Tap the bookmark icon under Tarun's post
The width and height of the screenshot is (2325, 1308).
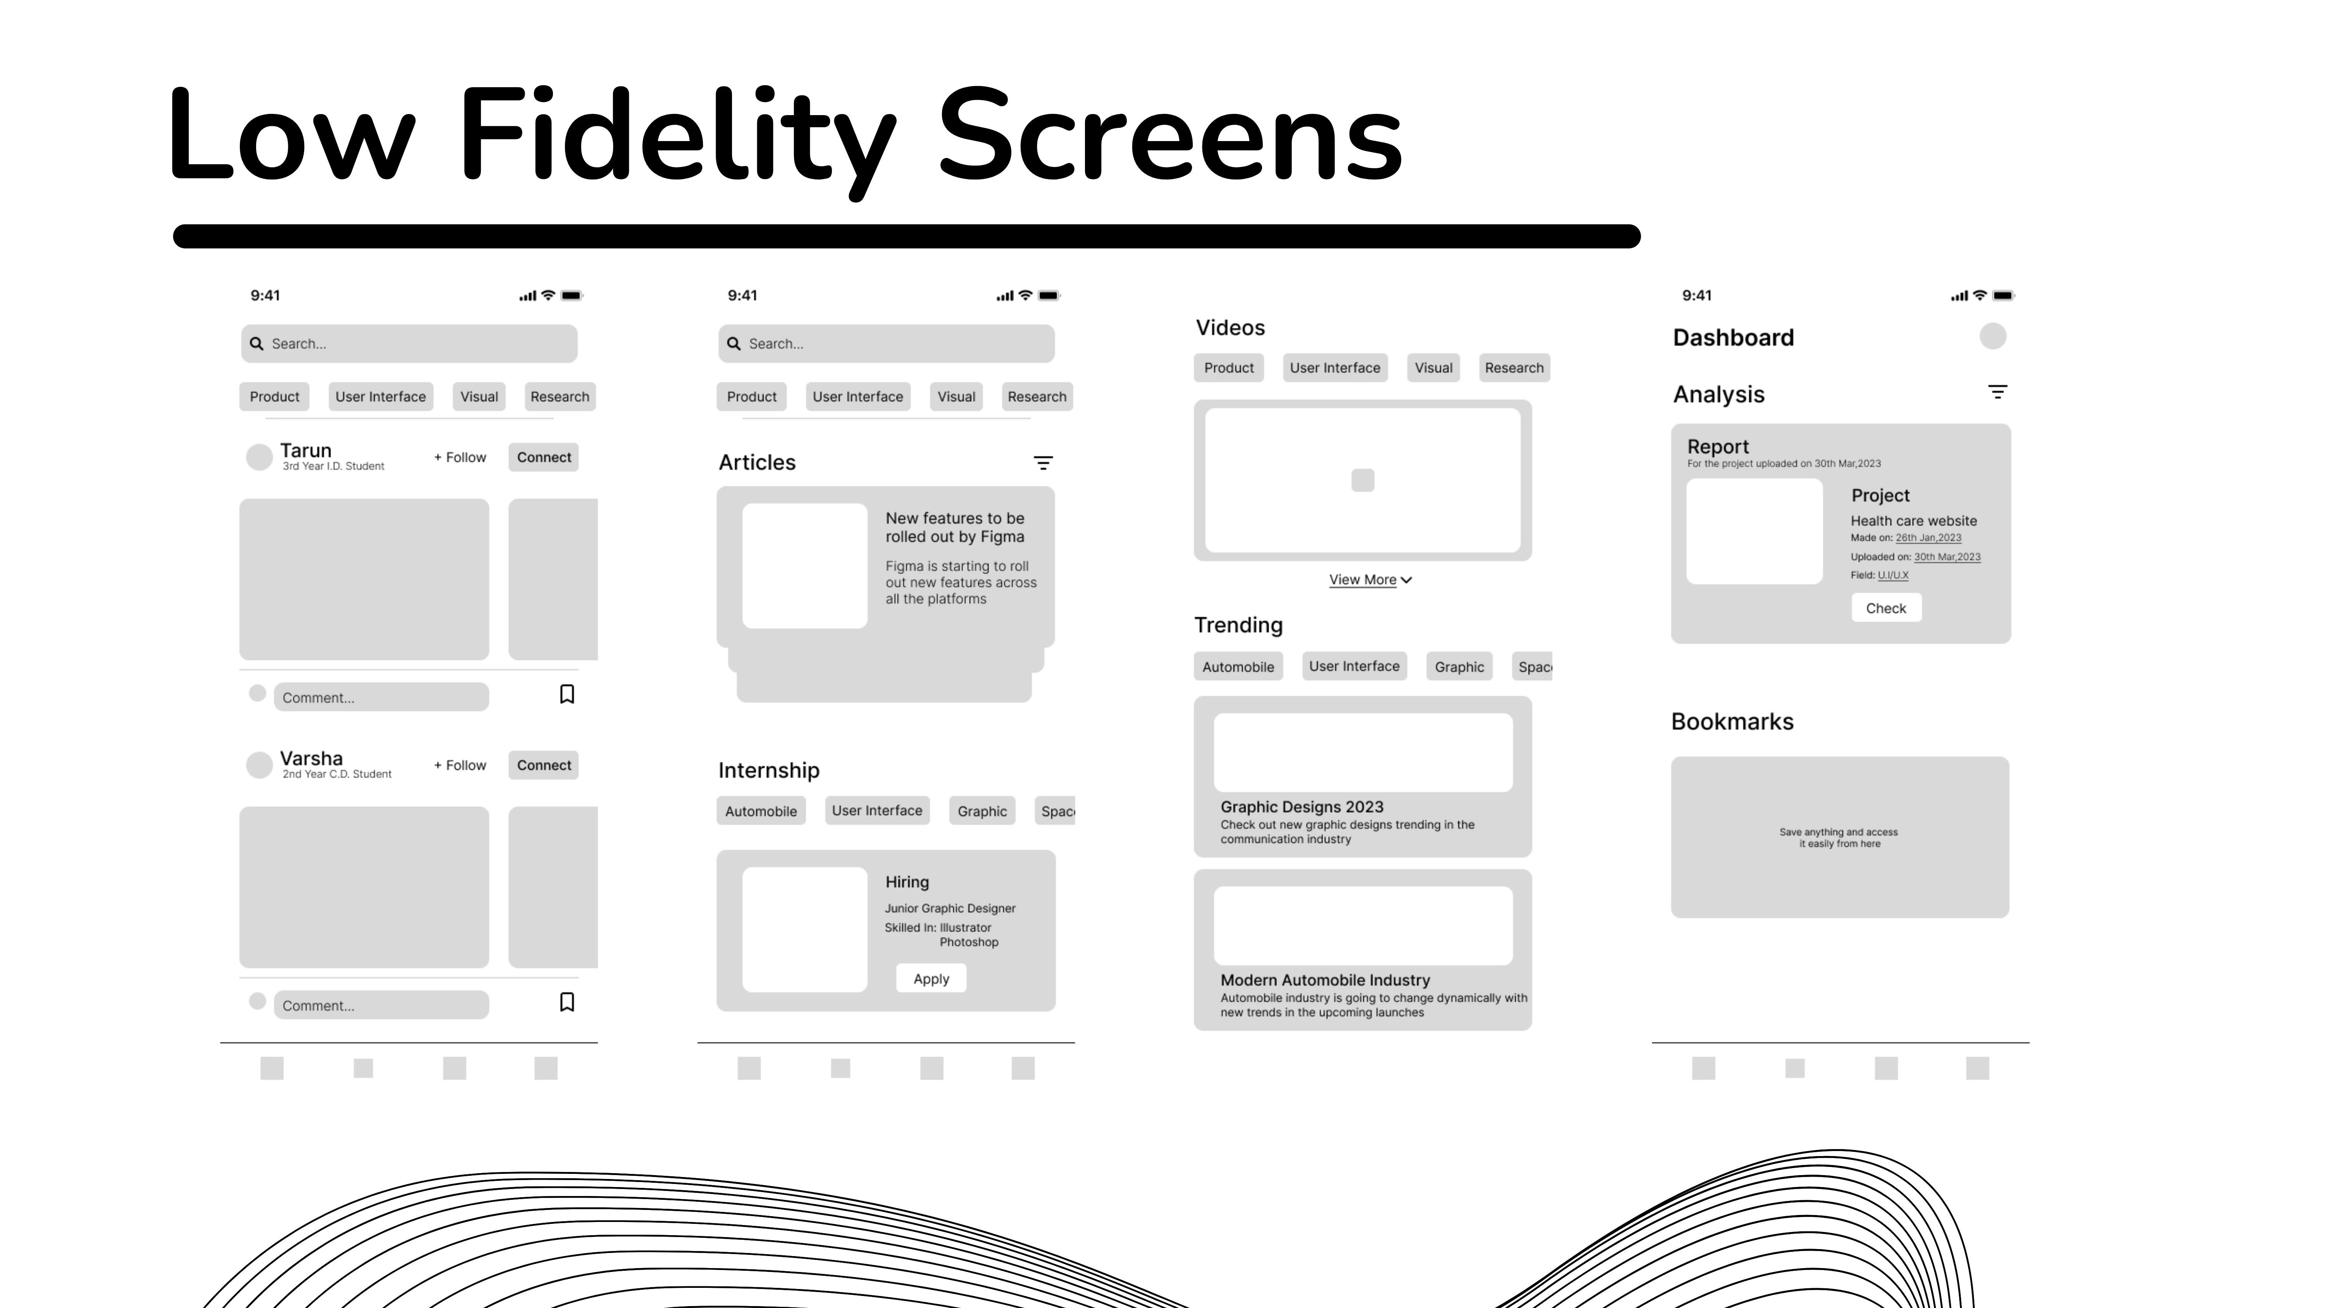click(567, 694)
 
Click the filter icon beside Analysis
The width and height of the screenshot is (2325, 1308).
click(1998, 393)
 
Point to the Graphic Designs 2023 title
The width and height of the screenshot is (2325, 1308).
click(1302, 807)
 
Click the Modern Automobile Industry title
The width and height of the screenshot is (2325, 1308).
click(1325, 981)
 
